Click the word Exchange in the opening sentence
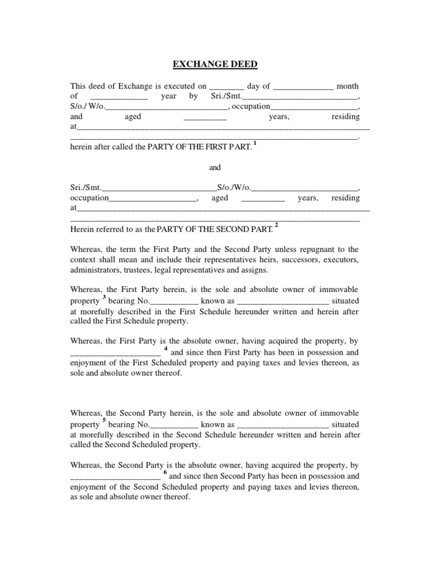134,86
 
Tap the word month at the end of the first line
347,86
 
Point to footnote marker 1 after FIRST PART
255,143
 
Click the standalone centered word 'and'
214,168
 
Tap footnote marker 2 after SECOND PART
277,225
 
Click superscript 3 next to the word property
104,297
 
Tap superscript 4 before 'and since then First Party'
165,348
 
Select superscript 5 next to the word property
104,421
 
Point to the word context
83,259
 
